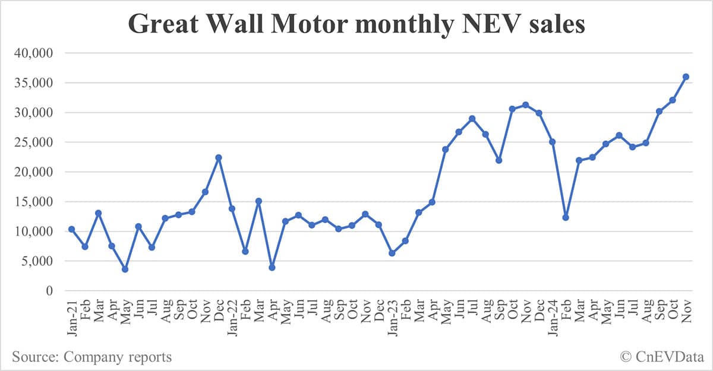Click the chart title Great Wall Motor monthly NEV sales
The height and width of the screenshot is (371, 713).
pyautogui.click(x=356, y=26)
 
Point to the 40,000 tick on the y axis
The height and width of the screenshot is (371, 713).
pyautogui.click(x=33, y=53)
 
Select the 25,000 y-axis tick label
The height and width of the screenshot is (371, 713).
pyautogui.click(x=33, y=142)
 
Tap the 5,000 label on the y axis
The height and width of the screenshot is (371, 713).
pyautogui.click(x=37, y=261)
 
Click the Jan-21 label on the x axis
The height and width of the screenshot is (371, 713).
pyautogui.click(x=72, y=313)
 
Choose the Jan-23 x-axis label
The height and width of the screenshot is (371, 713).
pyautogui.click(x=392, y=313)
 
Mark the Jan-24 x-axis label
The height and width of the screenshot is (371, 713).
pyautogui.click(x=553, y=313)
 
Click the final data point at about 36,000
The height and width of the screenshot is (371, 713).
pyautogui.click(x=686, y=77)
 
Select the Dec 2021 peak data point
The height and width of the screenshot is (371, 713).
pyautogui.click(x=219, y=157)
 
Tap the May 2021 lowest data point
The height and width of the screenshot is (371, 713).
pyautogui.click(x=125, y=269)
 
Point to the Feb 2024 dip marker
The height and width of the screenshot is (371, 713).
pyautogui.click(x=566, y=217)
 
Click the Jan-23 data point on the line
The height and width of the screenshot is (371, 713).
pyautogui.click(x=392, y=253)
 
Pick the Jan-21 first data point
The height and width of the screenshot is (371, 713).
pyautogui.click(x=72, y=229)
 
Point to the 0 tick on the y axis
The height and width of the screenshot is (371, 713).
pyautogui.click(x=50, y=291)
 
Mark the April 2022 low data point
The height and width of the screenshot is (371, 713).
pyautogui.click(x=272, y=267)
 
